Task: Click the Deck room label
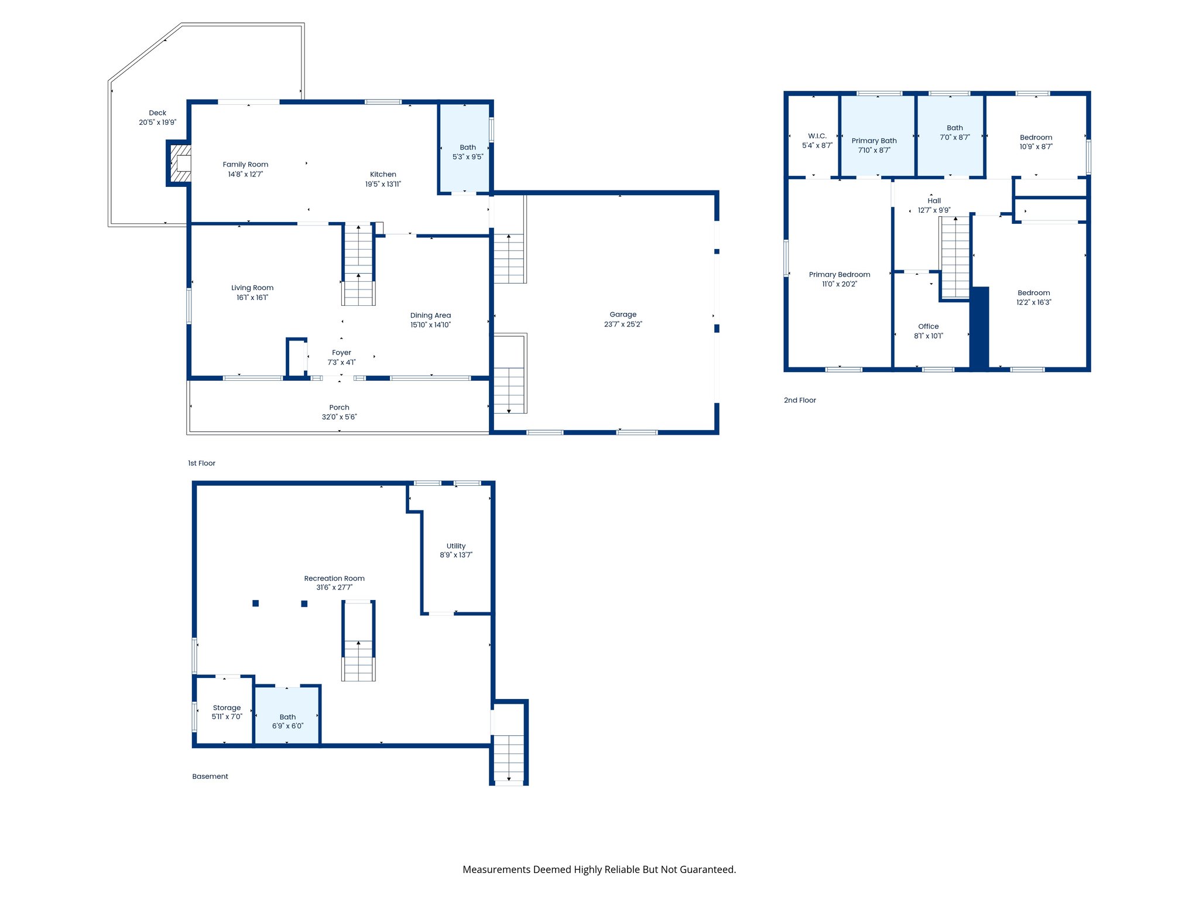(x=157, y=113)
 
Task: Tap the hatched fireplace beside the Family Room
(x=180, y=163)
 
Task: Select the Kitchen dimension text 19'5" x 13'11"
(x=383, y=184)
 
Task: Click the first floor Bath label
(x=467, y=148)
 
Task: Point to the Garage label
(x=622, y=315)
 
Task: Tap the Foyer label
(x=341, y=353)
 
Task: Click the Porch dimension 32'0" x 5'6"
(x=339, y=417)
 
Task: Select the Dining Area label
(x=430, y=315)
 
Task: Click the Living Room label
(x=252, y=288)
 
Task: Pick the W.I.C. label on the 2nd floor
(x=817, y=136)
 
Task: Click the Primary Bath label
(x=873, y=141)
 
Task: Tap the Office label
(x=928, y=326)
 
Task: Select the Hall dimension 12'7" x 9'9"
(x=934, y=210)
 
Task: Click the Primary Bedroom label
(x=839, y=274)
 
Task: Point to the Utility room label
(x=455, y=546)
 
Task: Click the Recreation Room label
(x=334, y=578)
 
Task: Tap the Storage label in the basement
(x=227, y=708)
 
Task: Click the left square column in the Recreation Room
(x=255, y=604)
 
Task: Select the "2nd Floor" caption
(x=800, y=400)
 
